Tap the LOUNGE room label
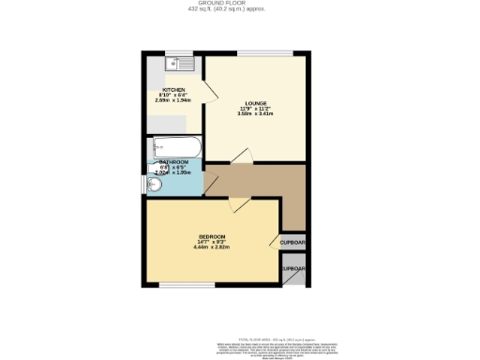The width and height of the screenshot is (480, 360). (x=256, y=103)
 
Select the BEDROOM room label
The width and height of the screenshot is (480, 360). (x=213, y=235)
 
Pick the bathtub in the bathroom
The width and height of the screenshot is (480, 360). (x=175, y=147)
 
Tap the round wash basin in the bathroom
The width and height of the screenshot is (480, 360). (x=155, y=185)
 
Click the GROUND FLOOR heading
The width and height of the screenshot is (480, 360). (x=241, y=4)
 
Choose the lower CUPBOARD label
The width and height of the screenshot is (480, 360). (x=293, y=269)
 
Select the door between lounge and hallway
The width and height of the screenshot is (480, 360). (x=243, y=157)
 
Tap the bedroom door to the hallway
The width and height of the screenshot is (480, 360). (x=239, y=205)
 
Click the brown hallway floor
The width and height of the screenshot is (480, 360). (x=272, y=184)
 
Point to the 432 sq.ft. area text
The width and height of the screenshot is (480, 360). (x=241, y=10)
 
